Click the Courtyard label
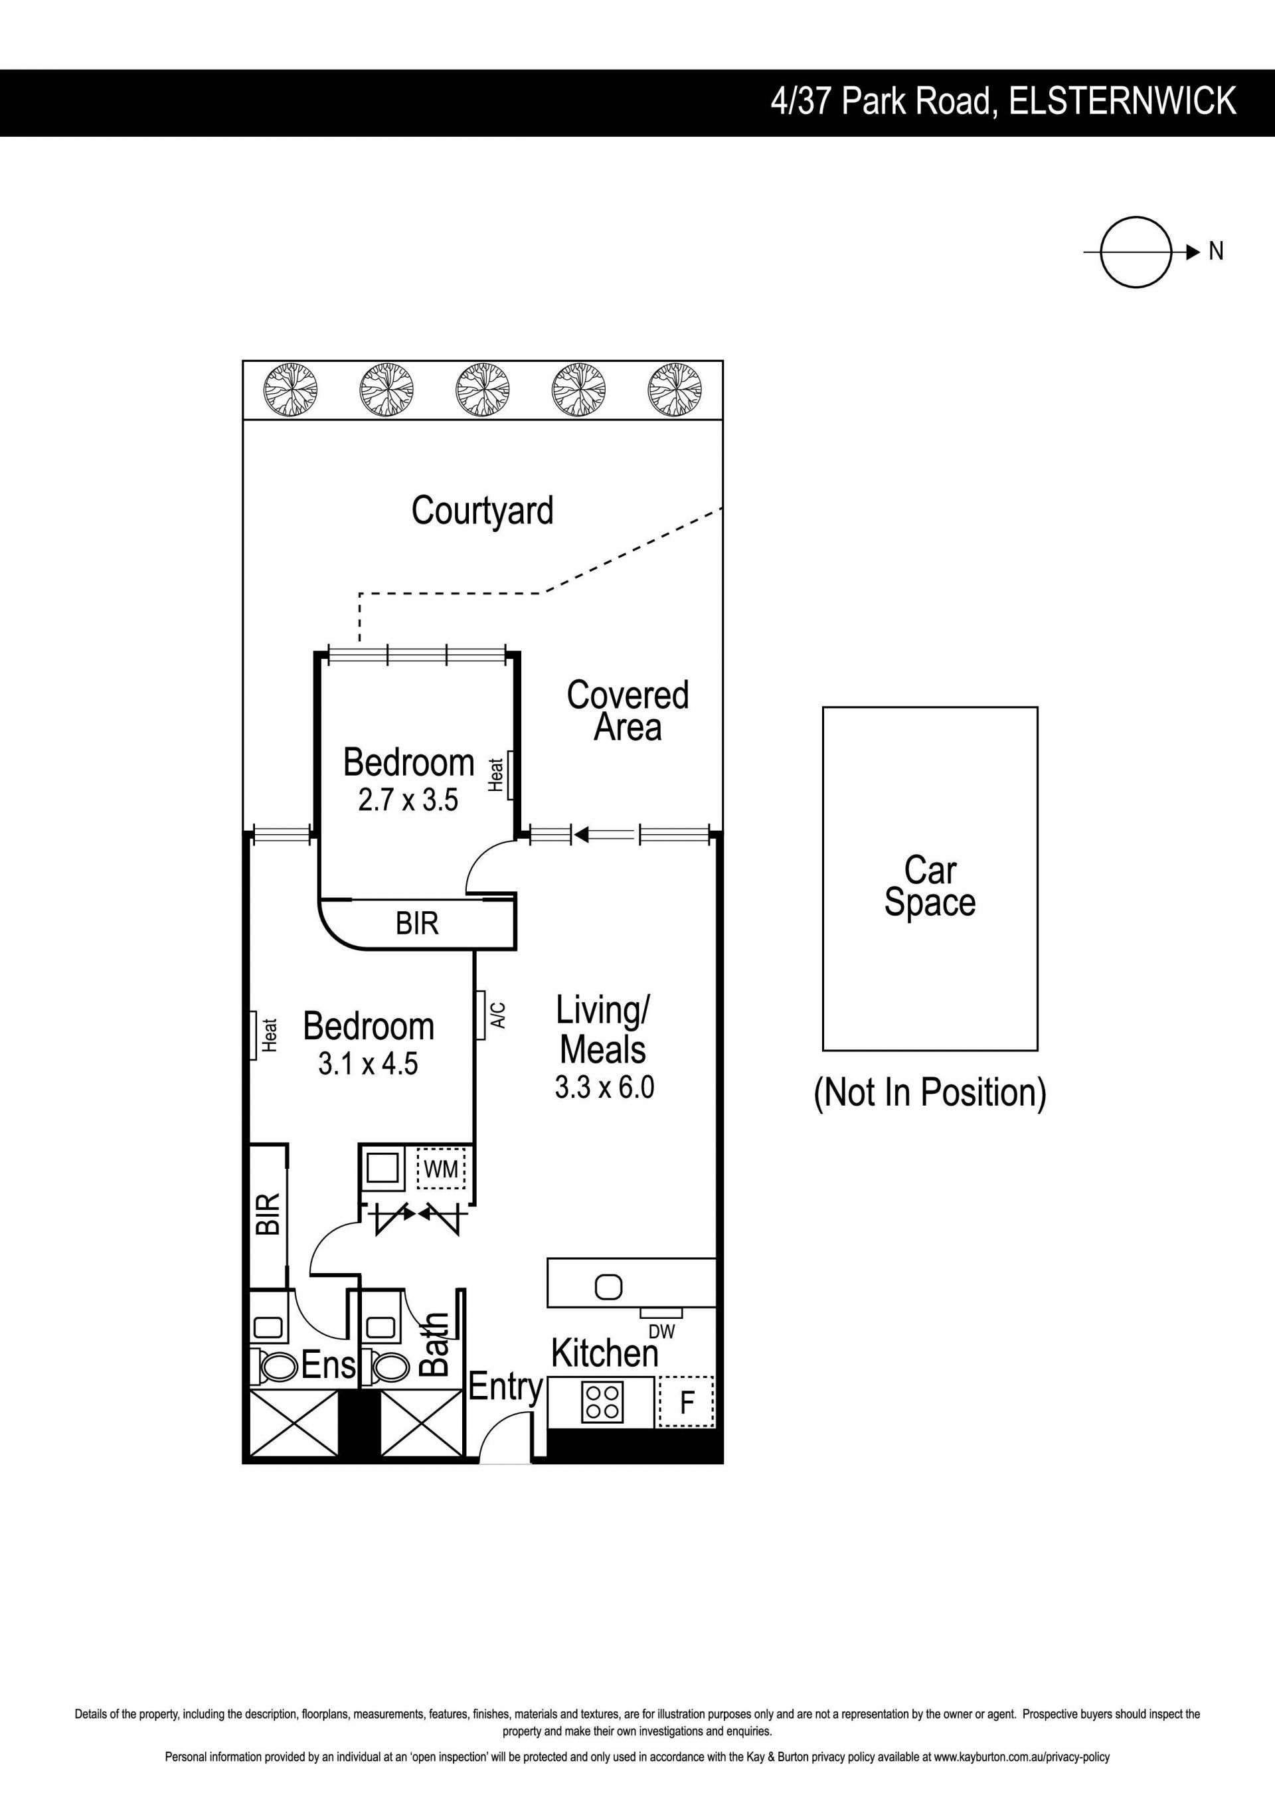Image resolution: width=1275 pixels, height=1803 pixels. (482, 511)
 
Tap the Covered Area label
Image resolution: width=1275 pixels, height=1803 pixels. (628, 711)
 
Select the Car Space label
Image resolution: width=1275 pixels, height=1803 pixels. (930, 886)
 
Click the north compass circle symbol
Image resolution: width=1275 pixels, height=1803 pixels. (1136, 252)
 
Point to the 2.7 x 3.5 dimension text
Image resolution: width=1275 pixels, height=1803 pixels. (408, 800)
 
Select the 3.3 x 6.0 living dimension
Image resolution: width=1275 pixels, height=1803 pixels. (604, 1087)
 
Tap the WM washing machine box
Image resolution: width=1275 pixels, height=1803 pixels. (441, 1169)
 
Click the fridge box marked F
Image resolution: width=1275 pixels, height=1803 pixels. (686, 1402)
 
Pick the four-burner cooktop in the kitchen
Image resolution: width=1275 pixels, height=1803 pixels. (602, 1402)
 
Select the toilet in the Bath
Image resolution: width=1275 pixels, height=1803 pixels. (388, 1368)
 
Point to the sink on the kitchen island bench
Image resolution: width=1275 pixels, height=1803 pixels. (608, 1286)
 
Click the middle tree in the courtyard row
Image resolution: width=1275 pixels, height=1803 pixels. (482, 390)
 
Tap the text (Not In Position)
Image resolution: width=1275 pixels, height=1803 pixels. (930, 1092)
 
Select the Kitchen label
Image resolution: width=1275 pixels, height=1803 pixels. (604, 1353)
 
